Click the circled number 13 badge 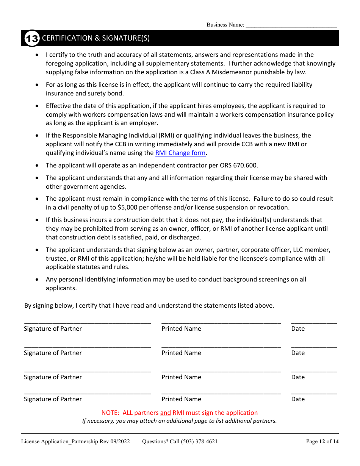coord(32,38)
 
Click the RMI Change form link coord(180,153)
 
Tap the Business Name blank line coord(291,26)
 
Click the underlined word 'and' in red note coord(165,413)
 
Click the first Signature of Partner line coord(88,322)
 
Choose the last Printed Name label coord(181,399)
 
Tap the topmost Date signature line coord(314,322)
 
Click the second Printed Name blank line coord(221,346)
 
